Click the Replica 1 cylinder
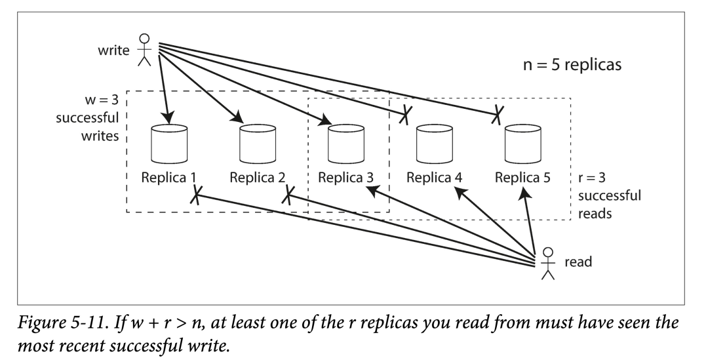(x=169, y=144)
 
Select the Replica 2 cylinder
(x=258, y=144)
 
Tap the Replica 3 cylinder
(x=346, y=144)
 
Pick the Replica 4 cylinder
(x=435, y=144)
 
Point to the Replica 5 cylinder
(x=523, y=144)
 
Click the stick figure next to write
(x=144, y=50)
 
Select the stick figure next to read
(x=547, y=264)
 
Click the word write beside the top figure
(x=114, y=50)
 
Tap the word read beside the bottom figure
(x=578, y=262)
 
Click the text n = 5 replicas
(x=572, y=65)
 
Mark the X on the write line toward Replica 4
(x=405, y=115)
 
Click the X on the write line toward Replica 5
(x=497, y=115)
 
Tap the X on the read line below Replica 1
(x=195, y=195)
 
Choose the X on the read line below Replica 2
(x=288, y=195)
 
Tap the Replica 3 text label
(x=346, y=178)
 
